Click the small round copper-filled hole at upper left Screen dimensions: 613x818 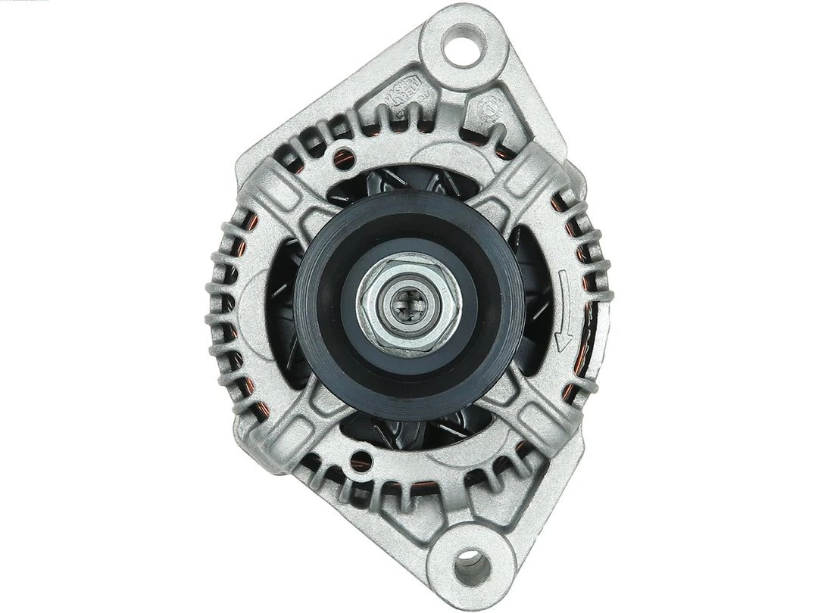343,157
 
